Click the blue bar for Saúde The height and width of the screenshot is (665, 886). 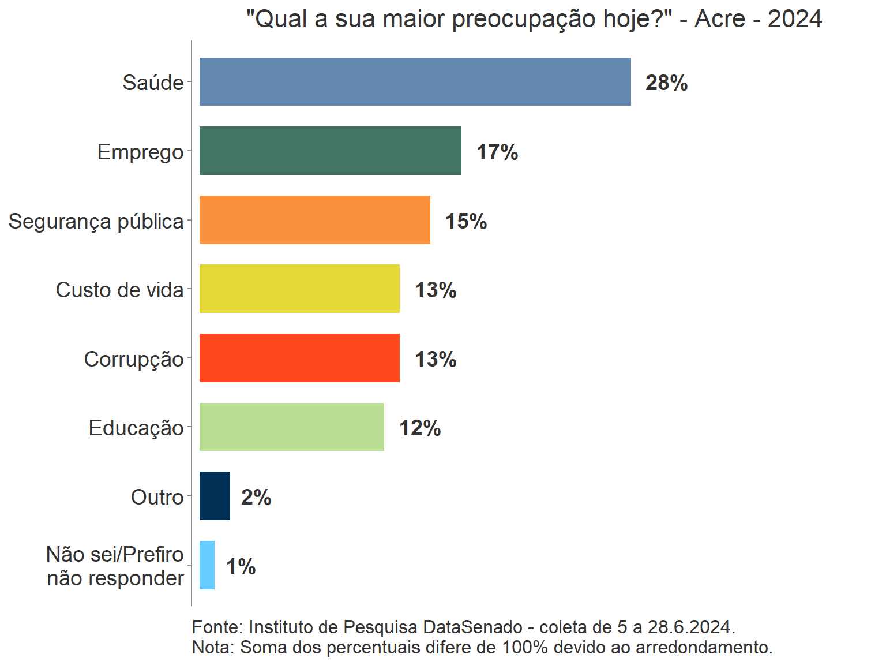pyautogui.click(x=415, y=81)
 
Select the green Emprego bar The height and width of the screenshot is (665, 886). pyautogui.click(x=330, y=151)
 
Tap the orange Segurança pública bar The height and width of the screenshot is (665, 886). pyautogui.click(x=314, y=220)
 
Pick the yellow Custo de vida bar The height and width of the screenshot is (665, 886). pyautogui.click(x=299, y=289)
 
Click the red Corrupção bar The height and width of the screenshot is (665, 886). pyautogui.click(x=299, y=358)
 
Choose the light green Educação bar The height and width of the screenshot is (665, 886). pyautogui.click(x=291, y=427)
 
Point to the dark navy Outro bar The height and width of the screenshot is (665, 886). pyautogui.click(x=215, y=496)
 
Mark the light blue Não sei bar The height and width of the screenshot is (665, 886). pyautogui.click(x=207, y=565)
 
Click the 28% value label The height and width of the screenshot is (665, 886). pyautogui.click(x=666, y=83)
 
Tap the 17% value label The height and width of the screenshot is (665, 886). pyautogui.click(x=497, y=152)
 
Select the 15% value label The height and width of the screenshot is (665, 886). pyautogui.click(x=465, y=222)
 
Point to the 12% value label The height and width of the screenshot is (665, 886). pyautogui.click(x=420, y=428)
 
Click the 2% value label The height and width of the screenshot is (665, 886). pyautogui.click(x=256, y=498)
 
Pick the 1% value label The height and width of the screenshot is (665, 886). pyautogui.click(x=241, y=567)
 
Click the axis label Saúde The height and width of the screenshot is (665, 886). pyautogui.click(x=153, y=83)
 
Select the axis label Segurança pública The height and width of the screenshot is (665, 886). pyautogui.click(x=96, y=221)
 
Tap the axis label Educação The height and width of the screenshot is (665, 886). pyautogui.click(x=136, y=428)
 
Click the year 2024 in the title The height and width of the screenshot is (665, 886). pyautogui.click(x=794, y=19)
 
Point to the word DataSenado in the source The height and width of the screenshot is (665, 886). pyautogui.click(x=472, y=627)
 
